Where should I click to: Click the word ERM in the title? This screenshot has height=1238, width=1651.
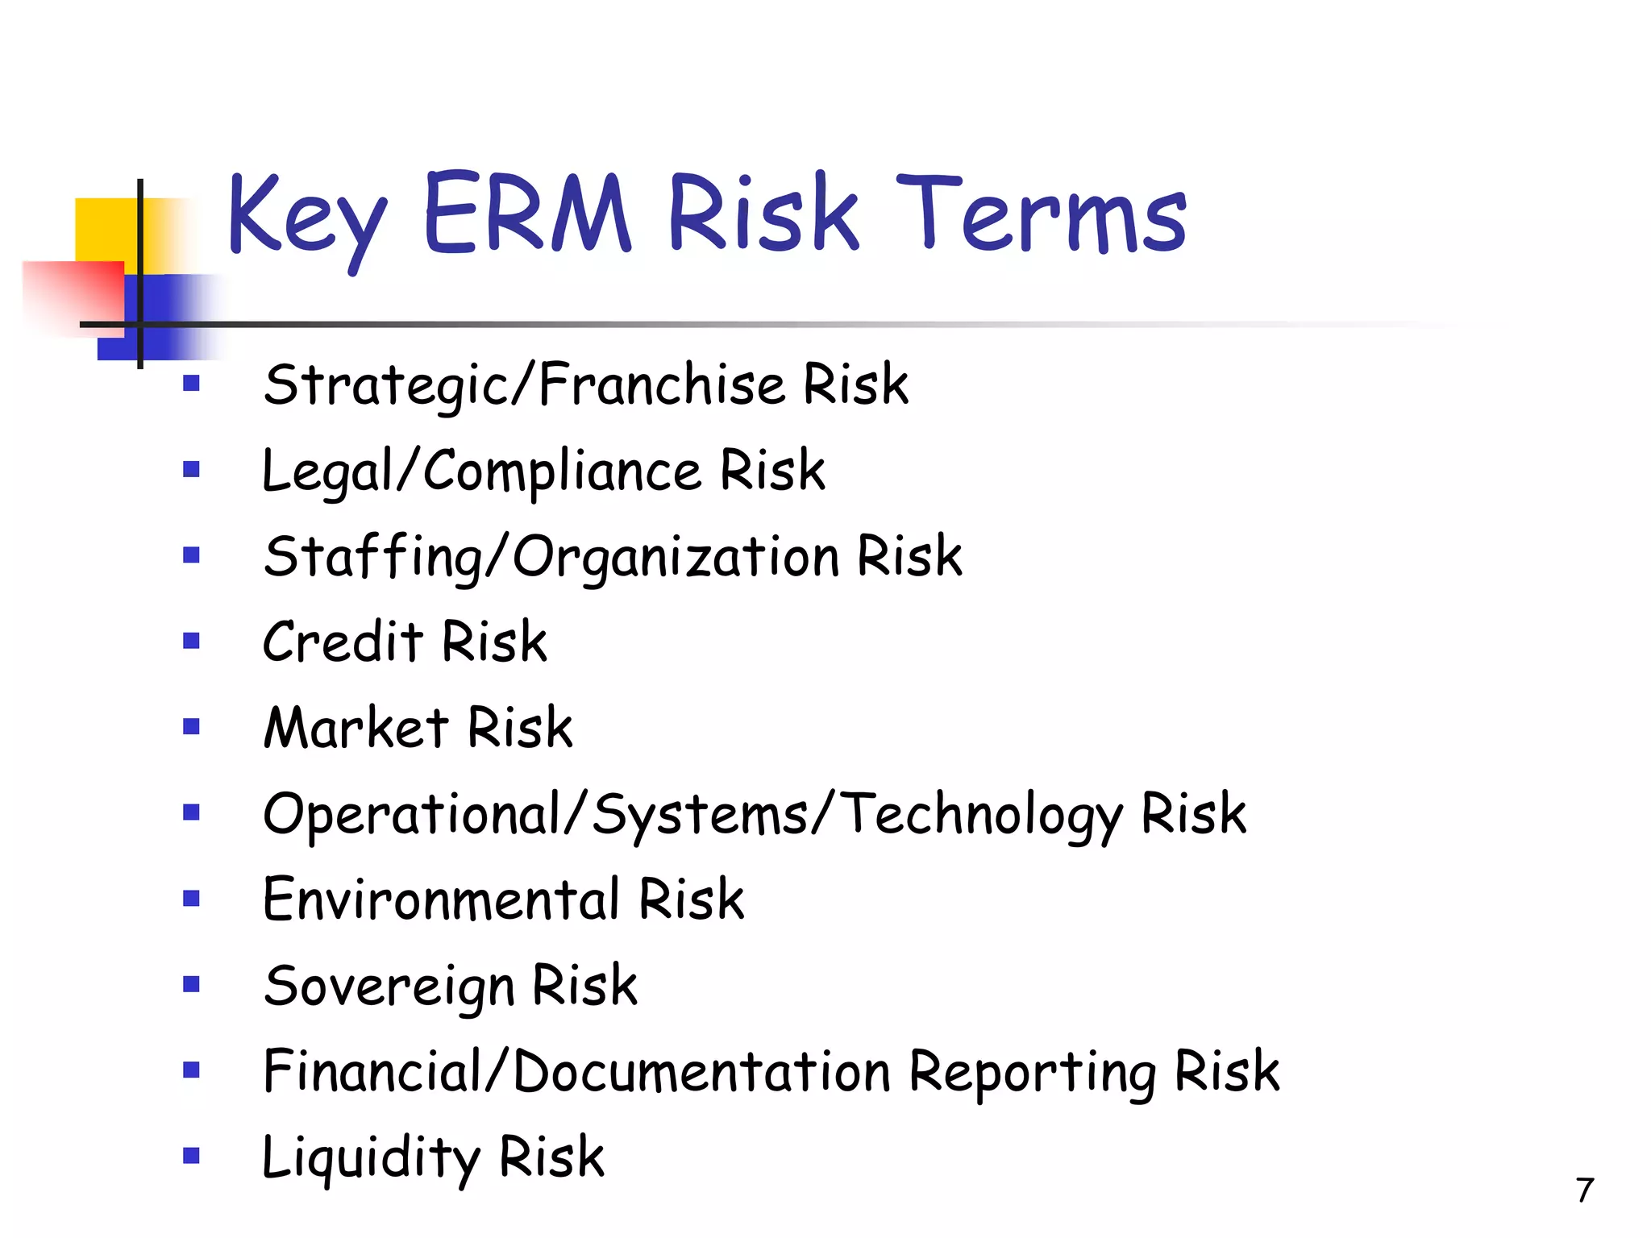(526, 213)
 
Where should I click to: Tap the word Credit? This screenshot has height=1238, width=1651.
(343, 642)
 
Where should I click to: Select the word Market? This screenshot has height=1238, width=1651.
(356, 728)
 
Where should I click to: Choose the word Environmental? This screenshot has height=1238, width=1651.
(441, 899)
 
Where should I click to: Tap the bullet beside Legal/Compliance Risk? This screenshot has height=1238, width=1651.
(191, 469)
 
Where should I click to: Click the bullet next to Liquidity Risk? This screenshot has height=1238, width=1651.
(191, 1157)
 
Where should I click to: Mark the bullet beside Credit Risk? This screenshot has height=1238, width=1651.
(191, 641)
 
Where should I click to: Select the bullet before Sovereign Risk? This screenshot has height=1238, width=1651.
(191, 984)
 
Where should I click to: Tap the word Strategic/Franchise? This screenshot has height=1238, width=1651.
(524, 385)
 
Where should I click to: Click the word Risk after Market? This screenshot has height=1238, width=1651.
(520, 728)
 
